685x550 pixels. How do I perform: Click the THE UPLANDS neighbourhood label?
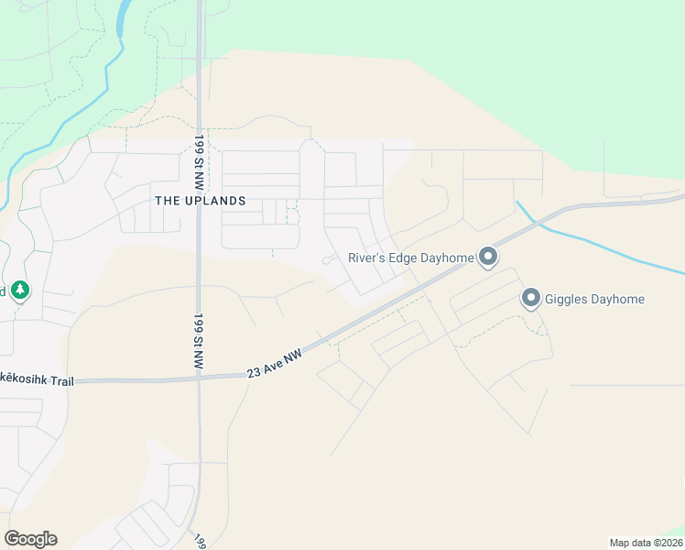pos(201,201)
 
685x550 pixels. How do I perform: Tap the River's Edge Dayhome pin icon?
pos(488,258)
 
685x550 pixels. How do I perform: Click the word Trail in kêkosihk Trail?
pos(64,379)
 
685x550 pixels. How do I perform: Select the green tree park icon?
pos(21,291)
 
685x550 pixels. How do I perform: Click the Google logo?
pos(30,539)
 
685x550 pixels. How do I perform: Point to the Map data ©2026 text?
pos(645,543)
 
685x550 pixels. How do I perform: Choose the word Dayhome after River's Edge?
pos(449,258)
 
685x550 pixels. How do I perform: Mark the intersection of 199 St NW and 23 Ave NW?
pos(199,376)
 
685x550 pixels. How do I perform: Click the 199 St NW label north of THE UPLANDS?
pos(199,151)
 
